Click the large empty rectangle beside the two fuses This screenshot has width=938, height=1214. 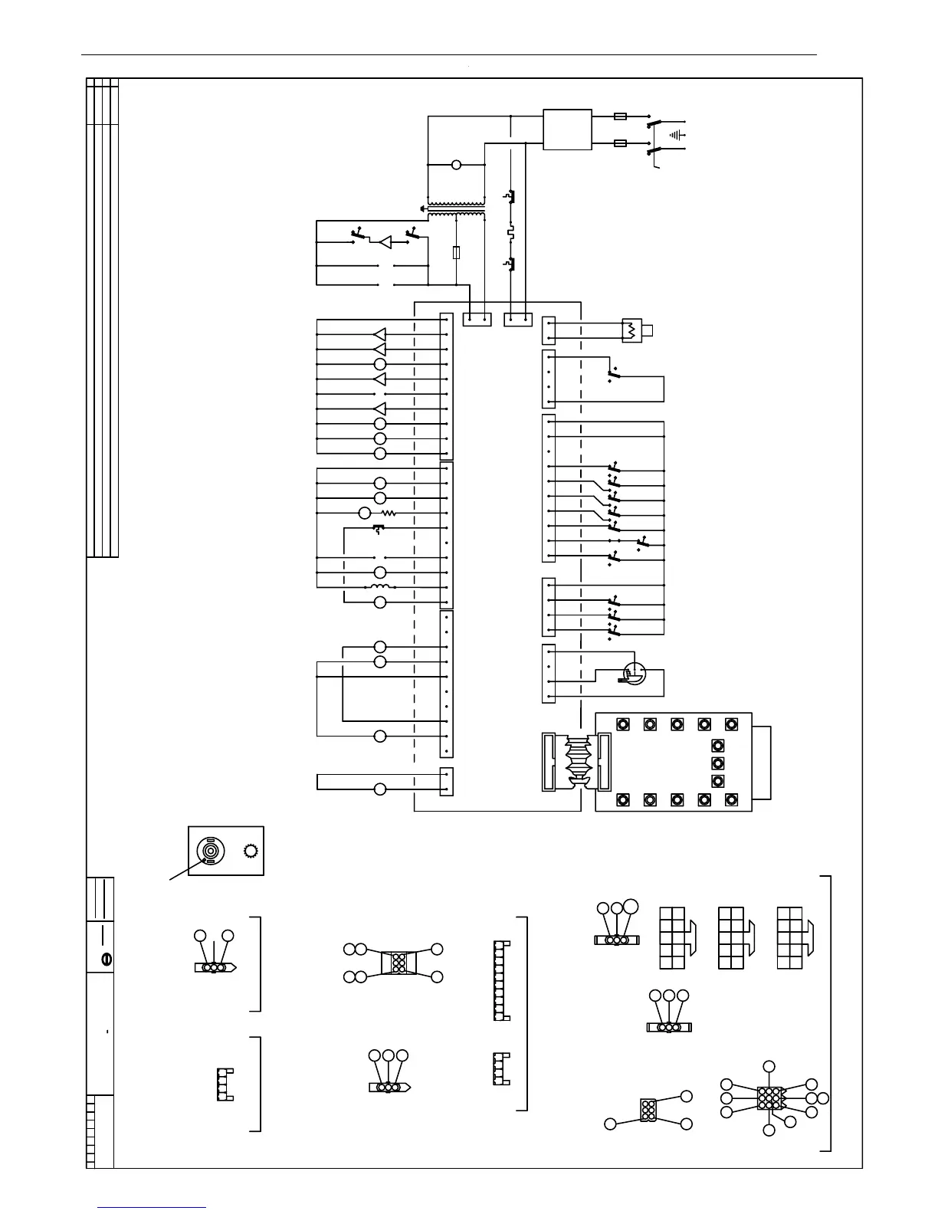pos(567,130)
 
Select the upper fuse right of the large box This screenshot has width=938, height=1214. pos(621,116)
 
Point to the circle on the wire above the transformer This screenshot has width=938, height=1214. pos(457,165)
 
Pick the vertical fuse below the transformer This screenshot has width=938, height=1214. pos(457,252)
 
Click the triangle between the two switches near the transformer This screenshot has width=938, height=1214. pos(385,242)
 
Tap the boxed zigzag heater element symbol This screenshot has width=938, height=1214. pos(630,331)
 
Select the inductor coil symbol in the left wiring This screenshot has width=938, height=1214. pos(380,587)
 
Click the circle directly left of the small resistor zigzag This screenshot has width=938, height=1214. pos(365,513)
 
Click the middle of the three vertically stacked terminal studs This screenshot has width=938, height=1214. pos(718,763)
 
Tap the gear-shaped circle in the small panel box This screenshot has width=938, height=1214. pos(250,851)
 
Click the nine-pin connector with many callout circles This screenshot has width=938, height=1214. pos(769,1098)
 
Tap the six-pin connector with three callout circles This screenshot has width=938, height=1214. pos(648,1110)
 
